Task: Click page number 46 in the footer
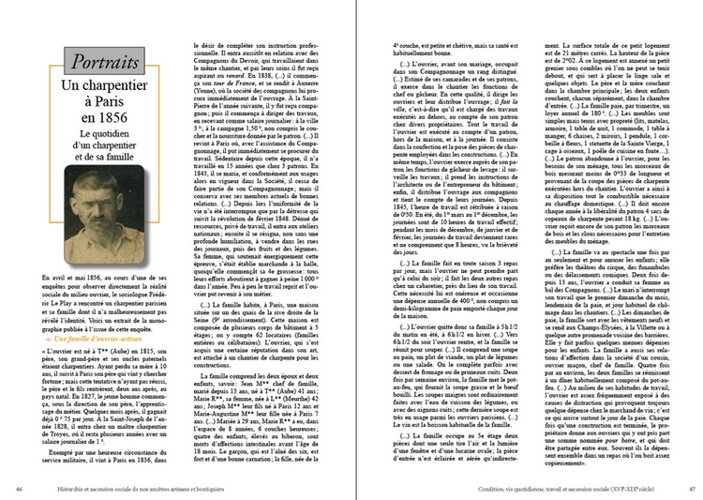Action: (21, 488)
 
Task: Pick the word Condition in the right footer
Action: (494, 488)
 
